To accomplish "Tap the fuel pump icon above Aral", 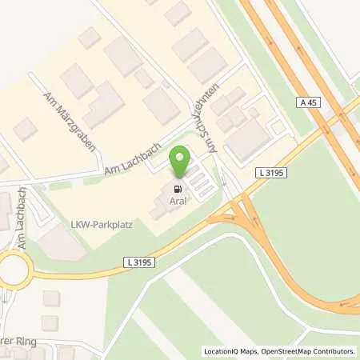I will (175, 189).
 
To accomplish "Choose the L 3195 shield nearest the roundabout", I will (138, 261).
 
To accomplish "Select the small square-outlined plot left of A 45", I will (278, 127).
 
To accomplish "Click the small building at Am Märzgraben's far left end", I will (24, 128).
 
